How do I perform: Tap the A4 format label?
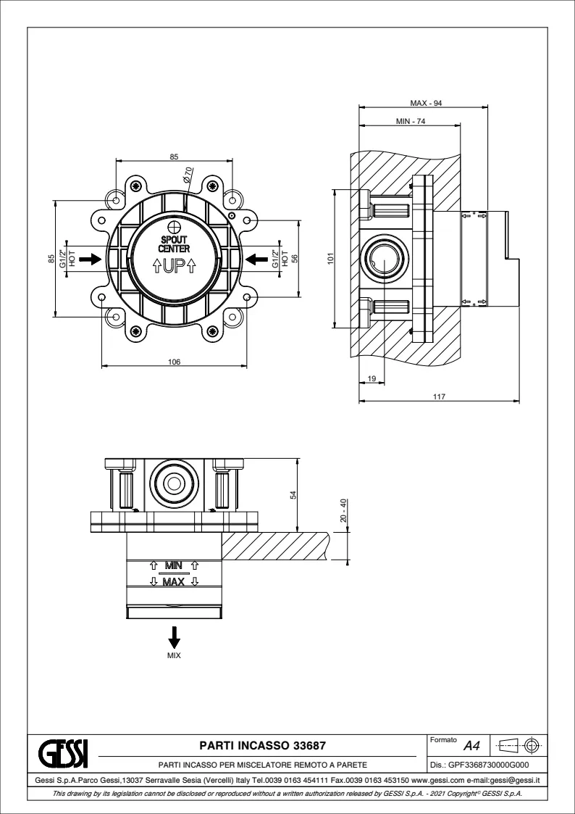click(x=471, y=745)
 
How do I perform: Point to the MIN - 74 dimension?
click(x=410, y=121)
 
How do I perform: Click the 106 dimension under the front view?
click(x=174, y=361)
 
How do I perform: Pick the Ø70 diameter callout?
click(x=188, y=174)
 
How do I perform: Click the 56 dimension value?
click(x=294, y=258)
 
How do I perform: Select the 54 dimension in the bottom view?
click(x=293, y=494)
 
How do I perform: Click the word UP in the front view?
click(x=173, y=266)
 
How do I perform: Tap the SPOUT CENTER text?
click(x=174, y=244)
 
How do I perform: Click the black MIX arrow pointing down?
click(x=174, y=637)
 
